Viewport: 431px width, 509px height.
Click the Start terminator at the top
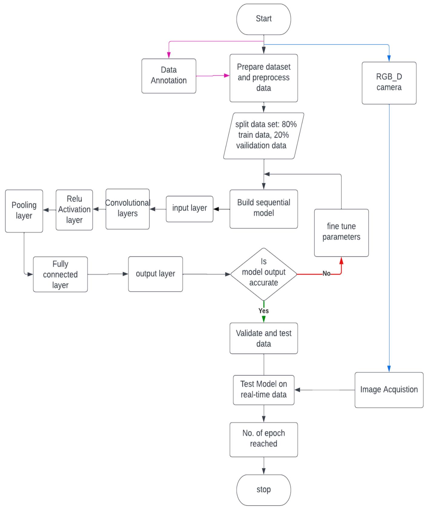click(x=263, y=19)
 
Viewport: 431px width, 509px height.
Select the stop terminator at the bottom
click(x=263, y=490)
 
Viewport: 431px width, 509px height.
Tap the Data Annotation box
click(x=169, y=76)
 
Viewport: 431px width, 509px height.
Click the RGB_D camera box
click(x=389, y=83)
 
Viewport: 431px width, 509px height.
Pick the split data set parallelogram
click(x=263, y=135)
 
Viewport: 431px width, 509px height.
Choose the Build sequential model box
click(x=263, y=209)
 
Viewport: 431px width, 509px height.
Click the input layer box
click(x=189, y=209)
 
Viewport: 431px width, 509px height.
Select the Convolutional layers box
click(x=127, y=209)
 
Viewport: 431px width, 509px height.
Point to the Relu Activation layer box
click(x=74, y=210)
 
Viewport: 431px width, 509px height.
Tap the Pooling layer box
click(x=24, y=211)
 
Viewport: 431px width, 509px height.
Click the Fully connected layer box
click(x=60, y=274)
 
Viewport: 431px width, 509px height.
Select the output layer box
click(x=155, y=274)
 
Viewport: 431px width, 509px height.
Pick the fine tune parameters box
click(x=341, y=232)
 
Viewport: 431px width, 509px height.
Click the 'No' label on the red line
click(x=326, y=273)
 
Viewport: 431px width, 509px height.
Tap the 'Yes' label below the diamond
click(x=263, y=311)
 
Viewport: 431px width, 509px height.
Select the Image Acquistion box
click(x=389, y=390)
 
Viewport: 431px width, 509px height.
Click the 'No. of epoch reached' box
click(x=263, y=439)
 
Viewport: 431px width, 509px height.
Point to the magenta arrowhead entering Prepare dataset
click(x=227, y=75)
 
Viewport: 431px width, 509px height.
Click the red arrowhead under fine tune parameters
click(x=341, y=261)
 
